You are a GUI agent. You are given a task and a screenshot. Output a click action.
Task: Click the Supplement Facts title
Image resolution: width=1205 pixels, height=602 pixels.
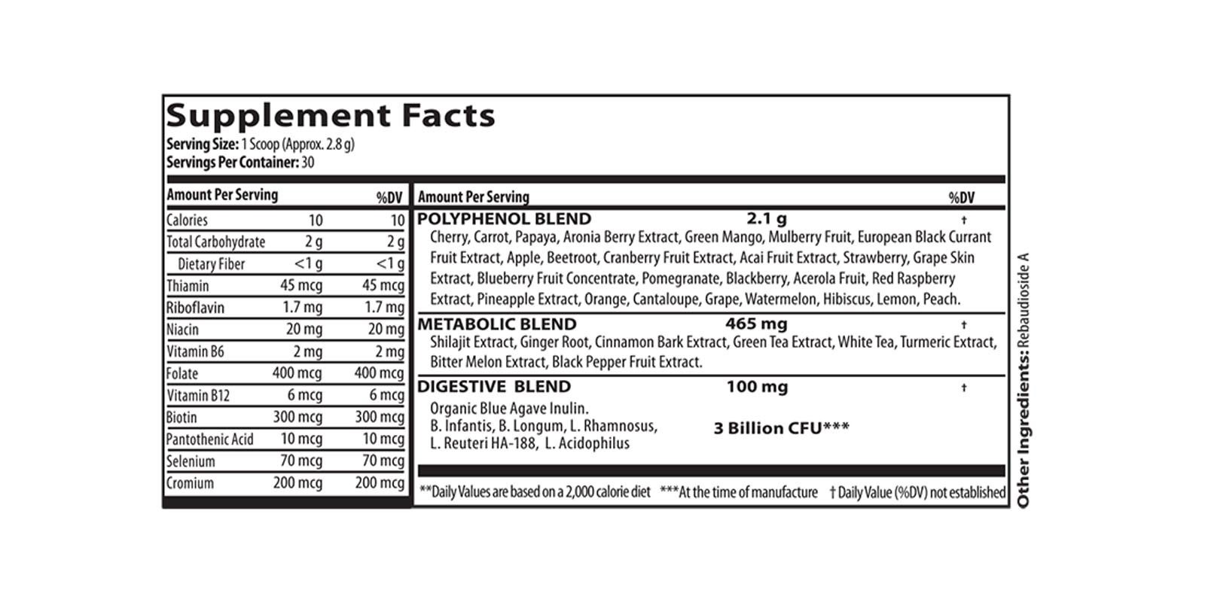tap(330, 115)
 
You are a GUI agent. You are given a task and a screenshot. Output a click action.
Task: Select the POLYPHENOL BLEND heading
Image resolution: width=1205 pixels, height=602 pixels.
tap(504, 219)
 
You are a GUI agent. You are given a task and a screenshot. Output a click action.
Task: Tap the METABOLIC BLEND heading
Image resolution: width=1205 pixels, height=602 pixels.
tap(496, 324)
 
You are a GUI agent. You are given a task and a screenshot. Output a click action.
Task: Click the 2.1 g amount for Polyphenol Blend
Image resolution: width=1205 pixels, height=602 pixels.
tap(766, 219)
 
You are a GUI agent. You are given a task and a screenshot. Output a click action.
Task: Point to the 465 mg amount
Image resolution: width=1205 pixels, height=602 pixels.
tap(756, 324)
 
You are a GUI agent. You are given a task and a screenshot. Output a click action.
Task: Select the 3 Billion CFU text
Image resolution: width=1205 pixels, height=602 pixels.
tap(780, 428)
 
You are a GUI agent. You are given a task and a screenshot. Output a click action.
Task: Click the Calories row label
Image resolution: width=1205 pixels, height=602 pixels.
tap(187, 220)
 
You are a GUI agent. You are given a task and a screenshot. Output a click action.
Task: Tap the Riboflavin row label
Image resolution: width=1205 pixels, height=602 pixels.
tap(195, 308)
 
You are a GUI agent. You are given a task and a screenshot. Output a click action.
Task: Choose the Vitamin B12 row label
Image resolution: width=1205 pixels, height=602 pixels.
tap(198, 396)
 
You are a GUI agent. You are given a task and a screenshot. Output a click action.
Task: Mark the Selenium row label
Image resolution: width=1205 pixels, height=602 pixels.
tap(191, 461)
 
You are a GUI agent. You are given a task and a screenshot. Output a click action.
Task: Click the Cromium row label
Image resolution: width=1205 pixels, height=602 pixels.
tap(190, 483)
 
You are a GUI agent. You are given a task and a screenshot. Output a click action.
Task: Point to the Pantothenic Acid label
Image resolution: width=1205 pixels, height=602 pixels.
tap(209, 439)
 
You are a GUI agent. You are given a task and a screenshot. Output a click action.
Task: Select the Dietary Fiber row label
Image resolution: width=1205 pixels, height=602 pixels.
tap(211, 264)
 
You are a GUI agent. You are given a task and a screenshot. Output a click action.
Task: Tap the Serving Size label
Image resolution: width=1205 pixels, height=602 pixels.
tap(202, 144)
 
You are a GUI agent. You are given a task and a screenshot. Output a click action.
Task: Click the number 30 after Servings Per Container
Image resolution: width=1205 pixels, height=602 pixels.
tap(307, 162)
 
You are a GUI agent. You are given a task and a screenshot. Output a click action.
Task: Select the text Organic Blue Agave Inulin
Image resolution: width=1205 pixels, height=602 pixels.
tap(509, 409)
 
